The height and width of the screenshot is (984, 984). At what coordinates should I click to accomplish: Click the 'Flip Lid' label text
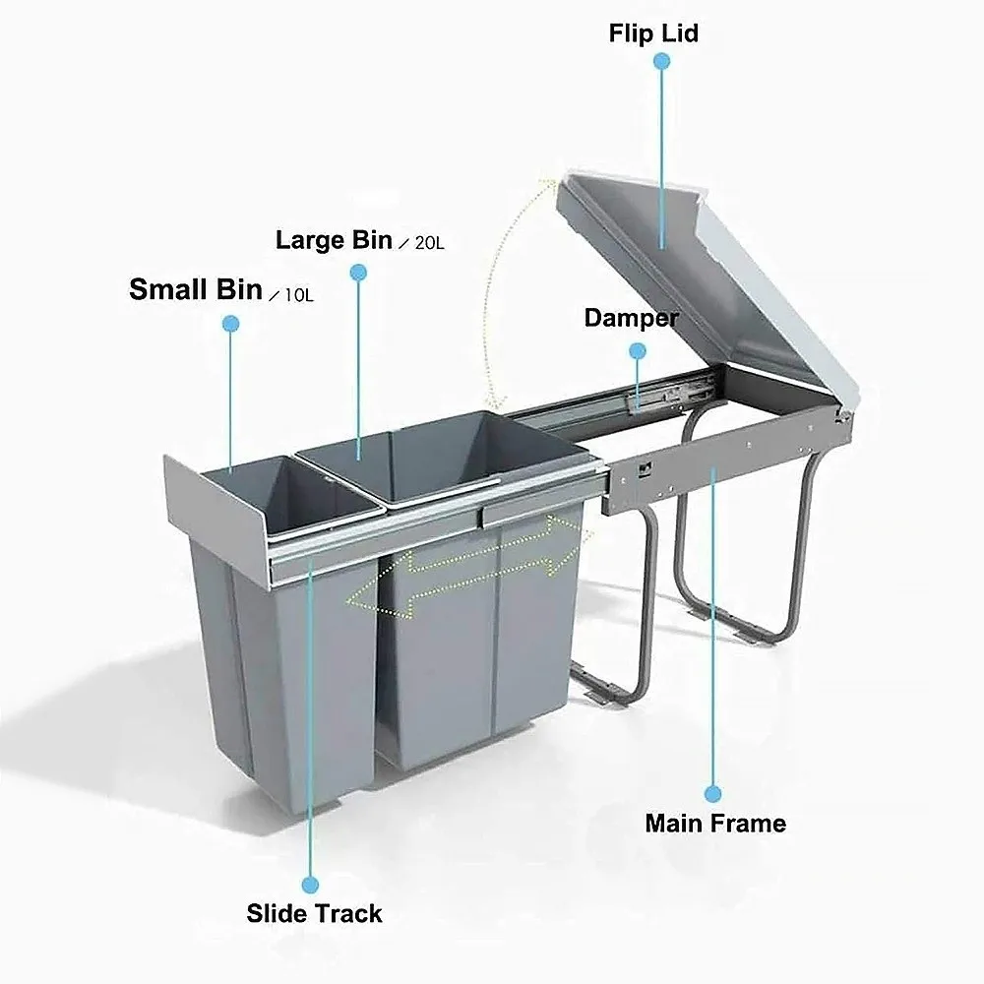tap(653, 33)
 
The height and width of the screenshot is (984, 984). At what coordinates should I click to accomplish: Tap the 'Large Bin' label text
tap(334, 239)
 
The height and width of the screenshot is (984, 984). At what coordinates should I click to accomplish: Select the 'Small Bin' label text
tap(196, 289)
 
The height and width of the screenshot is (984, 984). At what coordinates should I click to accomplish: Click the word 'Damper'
tap(631, 318)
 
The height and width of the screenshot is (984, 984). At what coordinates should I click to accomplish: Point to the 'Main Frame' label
tap(715, 823)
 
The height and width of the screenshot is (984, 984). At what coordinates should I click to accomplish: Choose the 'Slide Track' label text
tap(314, 913)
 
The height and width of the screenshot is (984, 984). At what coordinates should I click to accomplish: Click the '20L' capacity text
tap(429, 243)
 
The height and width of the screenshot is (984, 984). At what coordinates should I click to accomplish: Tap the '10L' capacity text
tap(297, 293)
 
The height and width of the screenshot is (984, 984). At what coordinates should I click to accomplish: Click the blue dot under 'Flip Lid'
tap(662, 61)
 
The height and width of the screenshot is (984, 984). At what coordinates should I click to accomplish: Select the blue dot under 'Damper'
tap(638, 349)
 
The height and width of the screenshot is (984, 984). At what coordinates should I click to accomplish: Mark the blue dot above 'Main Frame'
tap(714, 791)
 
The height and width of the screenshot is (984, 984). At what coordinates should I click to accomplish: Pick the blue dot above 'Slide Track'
tap(311, 884)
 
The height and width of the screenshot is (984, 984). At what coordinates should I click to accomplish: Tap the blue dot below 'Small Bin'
tap(231, 323)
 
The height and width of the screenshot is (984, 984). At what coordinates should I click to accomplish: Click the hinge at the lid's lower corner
tap(842, 415)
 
